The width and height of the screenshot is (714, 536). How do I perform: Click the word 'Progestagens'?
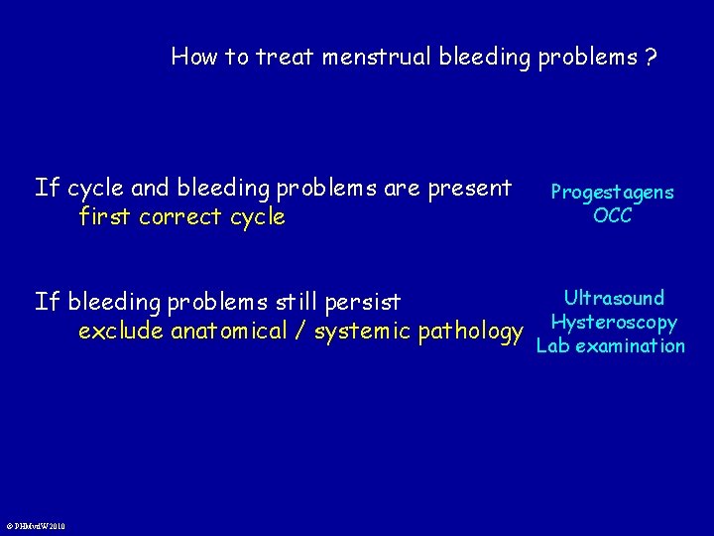tap(612, 192)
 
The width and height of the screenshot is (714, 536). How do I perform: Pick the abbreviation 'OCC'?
tap(612, 215)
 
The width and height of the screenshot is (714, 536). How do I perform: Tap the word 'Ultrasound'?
tap(614, 298)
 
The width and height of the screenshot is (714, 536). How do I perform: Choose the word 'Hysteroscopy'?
tap(614, 322)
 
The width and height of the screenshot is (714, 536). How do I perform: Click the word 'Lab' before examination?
tap(552, 345)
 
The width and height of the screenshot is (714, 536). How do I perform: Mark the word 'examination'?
tap(629, 345)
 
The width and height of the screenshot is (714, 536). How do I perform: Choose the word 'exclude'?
tap(121, 331)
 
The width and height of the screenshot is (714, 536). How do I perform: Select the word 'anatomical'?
tap(229, 331)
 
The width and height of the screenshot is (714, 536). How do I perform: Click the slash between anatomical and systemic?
tap(299, 331)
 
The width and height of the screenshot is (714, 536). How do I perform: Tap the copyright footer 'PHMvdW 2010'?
tap(36, 526)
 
